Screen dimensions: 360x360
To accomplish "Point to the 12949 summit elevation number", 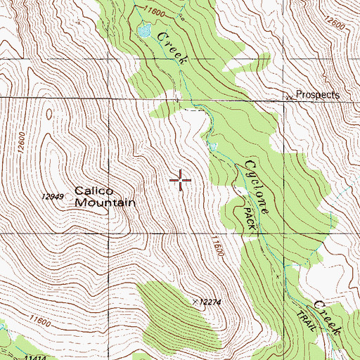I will pyautogui.click(x=53, y=196).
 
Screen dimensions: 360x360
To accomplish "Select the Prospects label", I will pyautogui.click(x=317, y=94).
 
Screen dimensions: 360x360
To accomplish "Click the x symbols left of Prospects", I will pyautogui.click(x=288, y=97).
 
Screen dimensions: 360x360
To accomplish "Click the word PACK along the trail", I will pyautogui.click(x=248, y=218).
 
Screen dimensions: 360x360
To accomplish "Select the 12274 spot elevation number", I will pyautogui.click(x=209, y=302).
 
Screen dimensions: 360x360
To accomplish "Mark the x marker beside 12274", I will pyautogui.click(x=195, y=301).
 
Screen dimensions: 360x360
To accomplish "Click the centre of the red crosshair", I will pyautogui.click(x=181, y=181).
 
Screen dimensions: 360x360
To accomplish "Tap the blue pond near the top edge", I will pyautogui.click(x=146, y=31).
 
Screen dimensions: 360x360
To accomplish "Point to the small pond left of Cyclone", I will pyautogui.click(x=212, y=146).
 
